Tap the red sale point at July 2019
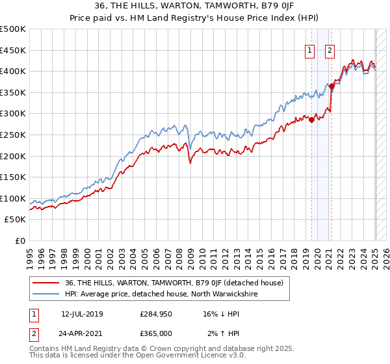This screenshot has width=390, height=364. (x=311, y=119)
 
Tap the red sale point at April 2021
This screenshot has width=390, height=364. (x=331, y=85)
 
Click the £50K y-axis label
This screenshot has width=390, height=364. (x=16, y=220)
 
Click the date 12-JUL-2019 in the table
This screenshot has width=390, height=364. (x=82, y=314)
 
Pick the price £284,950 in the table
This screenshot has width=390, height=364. (x=155, y=314)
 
